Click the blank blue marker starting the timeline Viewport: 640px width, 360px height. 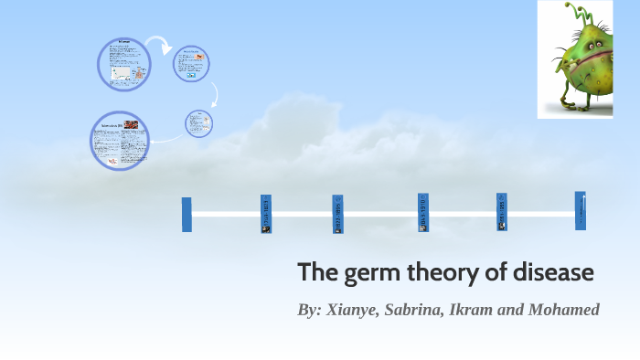click(x=187, y=214)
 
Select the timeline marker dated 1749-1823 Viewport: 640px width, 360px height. click(x=265, y=214)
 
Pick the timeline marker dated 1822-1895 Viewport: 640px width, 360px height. click(x=337, y=214)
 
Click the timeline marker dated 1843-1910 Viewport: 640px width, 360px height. click(x=423, y=213)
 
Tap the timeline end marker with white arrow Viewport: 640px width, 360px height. click(x=581, y=210)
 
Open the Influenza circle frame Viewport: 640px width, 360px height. click(x=124, y=65)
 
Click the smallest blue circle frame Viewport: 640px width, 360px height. click(x=198, y=122)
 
